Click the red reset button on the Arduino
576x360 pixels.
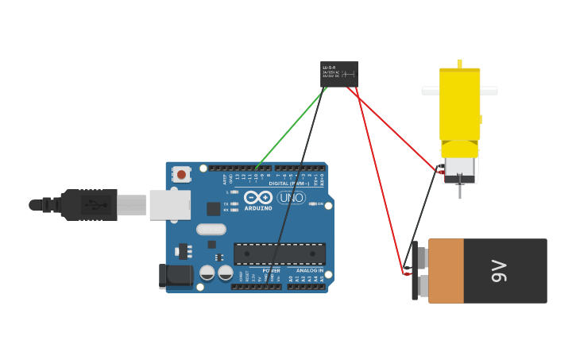pos(181,174)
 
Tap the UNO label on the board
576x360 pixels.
pos(292,197)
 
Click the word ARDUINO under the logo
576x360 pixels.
pos(258,208)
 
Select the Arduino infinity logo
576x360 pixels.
pos(258,197)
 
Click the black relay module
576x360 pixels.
pos(339,74)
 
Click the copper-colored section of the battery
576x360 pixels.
pos(446,270)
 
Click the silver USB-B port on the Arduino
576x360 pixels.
pos(169,204)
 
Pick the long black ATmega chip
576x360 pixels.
pos(280,254)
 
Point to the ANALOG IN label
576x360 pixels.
pos(310,271)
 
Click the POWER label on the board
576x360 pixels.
pos(271,271)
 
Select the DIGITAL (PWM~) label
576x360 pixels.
pos(289,184)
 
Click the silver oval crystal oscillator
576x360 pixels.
pos(211,229)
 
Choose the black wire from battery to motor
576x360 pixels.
pos(422,215)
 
